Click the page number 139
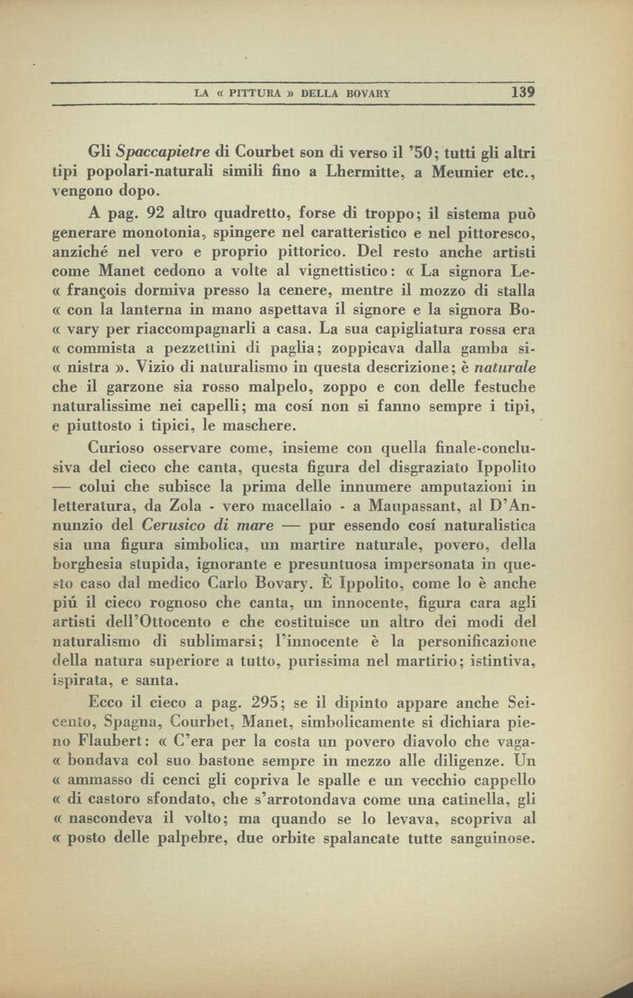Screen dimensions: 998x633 [522, 93]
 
